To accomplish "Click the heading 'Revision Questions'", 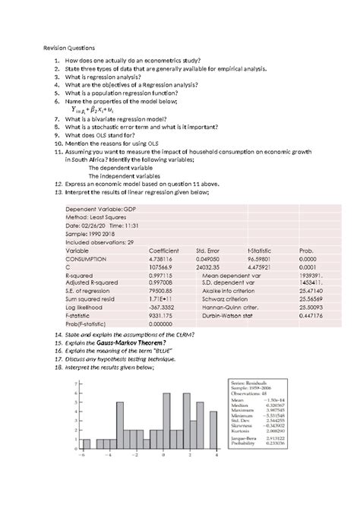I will [71, 47].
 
